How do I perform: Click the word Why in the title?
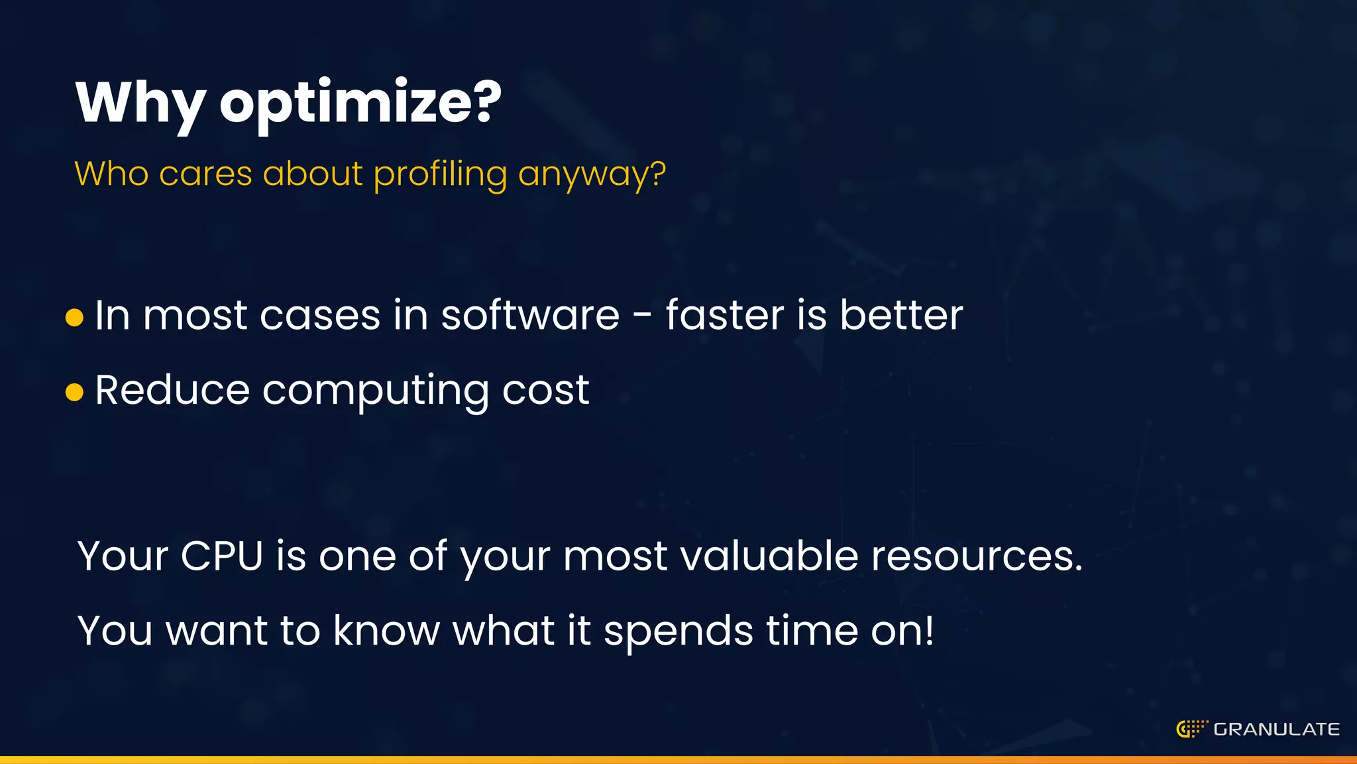(140, 103)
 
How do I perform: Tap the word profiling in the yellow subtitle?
(439, 174)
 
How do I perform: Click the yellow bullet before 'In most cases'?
(75, 317)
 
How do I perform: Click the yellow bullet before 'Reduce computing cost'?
(75, 392)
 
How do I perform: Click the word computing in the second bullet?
(376, 391)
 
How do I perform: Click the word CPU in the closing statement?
(222, 556)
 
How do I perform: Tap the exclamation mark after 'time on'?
(930, 630)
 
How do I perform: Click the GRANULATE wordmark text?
(1276, 730)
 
